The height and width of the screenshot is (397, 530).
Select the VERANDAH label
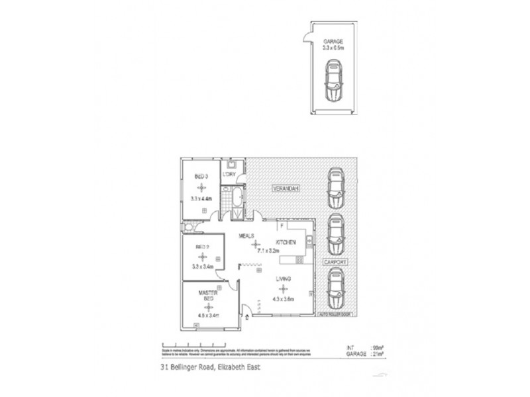(x=286, y=189)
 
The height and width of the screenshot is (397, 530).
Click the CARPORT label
(x=335, y=262)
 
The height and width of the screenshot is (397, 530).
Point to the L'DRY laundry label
(x=230, y=174)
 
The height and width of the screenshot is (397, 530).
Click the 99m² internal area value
(x=362, y=347)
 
